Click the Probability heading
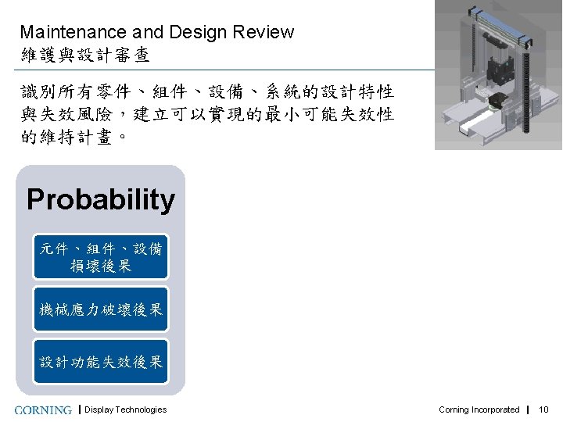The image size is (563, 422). [x=101, y=200]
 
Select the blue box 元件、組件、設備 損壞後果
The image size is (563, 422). [x=101, y=257]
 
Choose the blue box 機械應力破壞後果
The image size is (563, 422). [x=101, y=309]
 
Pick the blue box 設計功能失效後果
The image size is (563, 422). [x=101, y=361]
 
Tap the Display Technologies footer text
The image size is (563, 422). [x=125, y=409]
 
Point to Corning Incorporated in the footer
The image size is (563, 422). [x=479, y=409]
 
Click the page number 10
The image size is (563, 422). [x=544, y=409]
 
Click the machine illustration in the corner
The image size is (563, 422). [x=498, y=74]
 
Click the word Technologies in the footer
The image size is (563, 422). [x=141, y=409]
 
